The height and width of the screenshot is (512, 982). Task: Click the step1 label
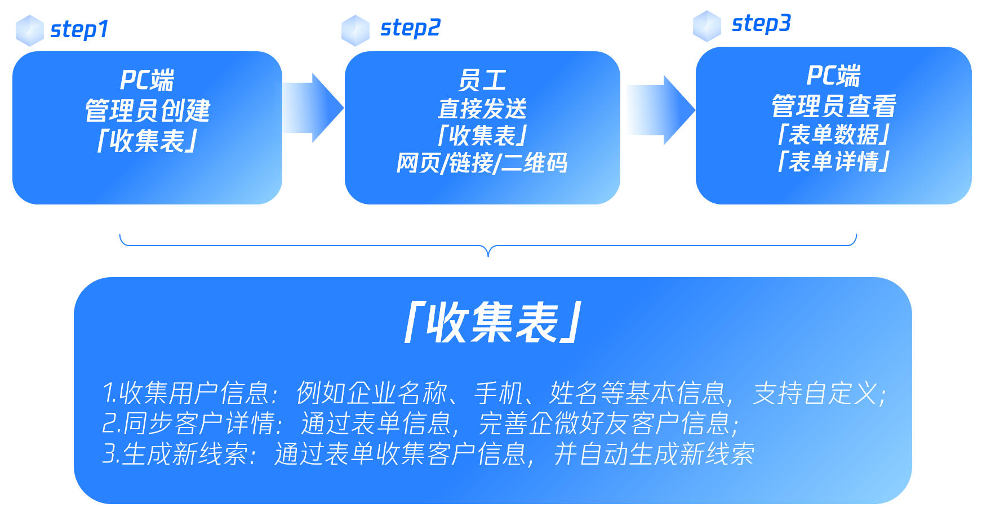coord(79,30)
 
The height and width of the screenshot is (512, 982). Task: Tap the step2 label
coord(410,28)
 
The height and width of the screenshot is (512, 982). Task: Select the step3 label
coord(761,24)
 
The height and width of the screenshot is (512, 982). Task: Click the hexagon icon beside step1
coord(29,30)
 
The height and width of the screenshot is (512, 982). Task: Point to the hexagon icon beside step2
coord(356,30)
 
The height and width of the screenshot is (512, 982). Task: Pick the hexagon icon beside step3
coord(707,26)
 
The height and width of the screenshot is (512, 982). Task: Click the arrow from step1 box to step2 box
coord(313,108)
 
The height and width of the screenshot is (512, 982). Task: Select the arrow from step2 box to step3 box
coord(661,110)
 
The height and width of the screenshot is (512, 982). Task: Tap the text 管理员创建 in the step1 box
coord(148,110)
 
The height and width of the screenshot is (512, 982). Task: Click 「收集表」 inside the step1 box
coord(148,141)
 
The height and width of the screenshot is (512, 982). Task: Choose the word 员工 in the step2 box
coord(482,81)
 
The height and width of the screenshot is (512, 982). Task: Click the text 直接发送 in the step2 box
coord(482,108)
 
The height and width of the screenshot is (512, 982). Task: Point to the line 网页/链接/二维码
coord(482,163)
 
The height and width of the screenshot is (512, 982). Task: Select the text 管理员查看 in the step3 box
coord(834,106)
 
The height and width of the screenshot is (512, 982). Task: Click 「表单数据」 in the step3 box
coord(834,135)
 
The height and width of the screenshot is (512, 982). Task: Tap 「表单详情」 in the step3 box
coord(834,162)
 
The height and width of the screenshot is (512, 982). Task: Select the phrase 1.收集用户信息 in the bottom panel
coord(186,393)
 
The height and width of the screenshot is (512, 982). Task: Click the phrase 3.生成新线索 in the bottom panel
coord(175,454)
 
